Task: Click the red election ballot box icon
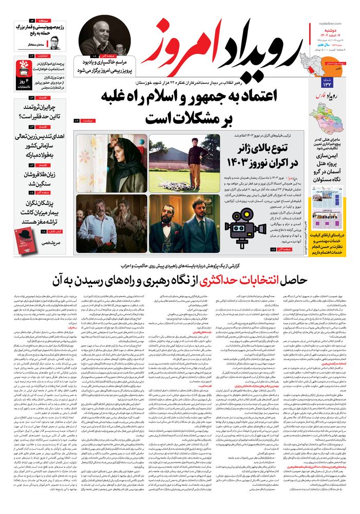point(24,66)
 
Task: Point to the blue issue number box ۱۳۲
point(328,83)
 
